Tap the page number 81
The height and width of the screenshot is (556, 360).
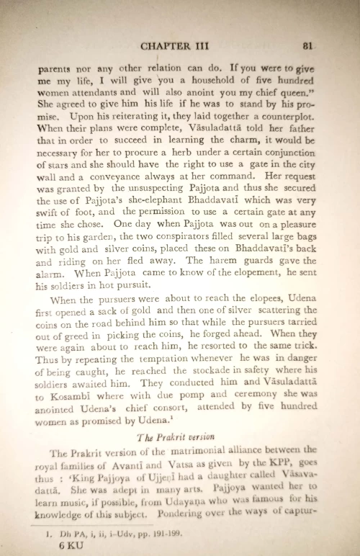point(307,45)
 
